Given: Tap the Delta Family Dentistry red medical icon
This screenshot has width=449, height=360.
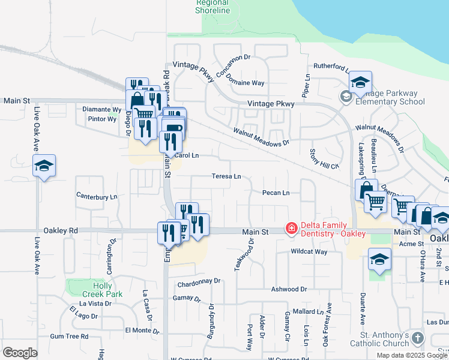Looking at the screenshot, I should coord(291,228).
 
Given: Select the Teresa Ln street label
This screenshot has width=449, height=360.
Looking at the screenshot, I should coord(226,176).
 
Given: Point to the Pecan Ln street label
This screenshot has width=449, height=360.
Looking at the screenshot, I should coord(276,193).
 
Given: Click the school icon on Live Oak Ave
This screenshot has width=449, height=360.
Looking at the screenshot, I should coord(44,166).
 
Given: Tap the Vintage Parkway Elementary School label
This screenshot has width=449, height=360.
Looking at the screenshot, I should coord(390,97).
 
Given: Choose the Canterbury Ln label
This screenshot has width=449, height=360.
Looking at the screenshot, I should coord(97,196).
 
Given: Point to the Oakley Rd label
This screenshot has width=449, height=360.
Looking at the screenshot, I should coord(61,230).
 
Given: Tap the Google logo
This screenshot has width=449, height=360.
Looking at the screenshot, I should coord(20,352).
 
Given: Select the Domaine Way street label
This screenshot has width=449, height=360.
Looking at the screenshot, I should coord(249,83).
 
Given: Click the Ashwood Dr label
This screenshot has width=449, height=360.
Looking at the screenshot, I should coord(289,289).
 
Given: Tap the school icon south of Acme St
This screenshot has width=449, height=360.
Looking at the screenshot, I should coord(379,260).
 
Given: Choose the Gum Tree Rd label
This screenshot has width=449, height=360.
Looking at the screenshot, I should coord(69,336).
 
